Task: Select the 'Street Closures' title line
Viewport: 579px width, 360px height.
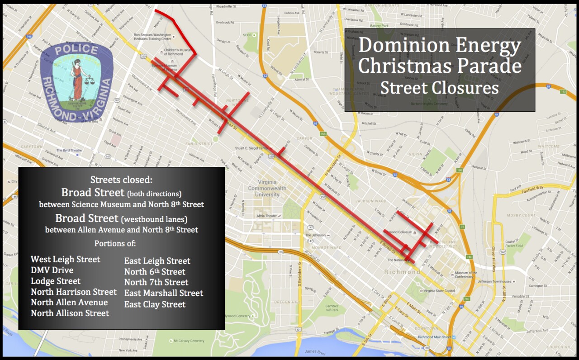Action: [x=439, y=87]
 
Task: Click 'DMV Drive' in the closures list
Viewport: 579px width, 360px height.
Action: [x=52, y=270]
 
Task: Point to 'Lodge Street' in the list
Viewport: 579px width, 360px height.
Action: [x=56, y=281]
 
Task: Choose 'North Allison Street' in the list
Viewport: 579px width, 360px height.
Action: [x=70, y=313]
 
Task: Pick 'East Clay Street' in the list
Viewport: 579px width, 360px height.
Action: [x=155, y=304]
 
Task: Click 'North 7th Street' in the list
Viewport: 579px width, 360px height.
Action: [x=156, y=283]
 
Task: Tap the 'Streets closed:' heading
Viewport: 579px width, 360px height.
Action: [x=121, y=180]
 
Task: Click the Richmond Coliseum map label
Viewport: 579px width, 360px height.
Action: [x=398, y=232]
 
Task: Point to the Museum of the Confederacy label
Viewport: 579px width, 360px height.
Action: [x=466, y=275]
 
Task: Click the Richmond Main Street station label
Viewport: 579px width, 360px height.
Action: [x=434, y=337]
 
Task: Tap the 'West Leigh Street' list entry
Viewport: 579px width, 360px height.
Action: [x=65, y=259]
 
